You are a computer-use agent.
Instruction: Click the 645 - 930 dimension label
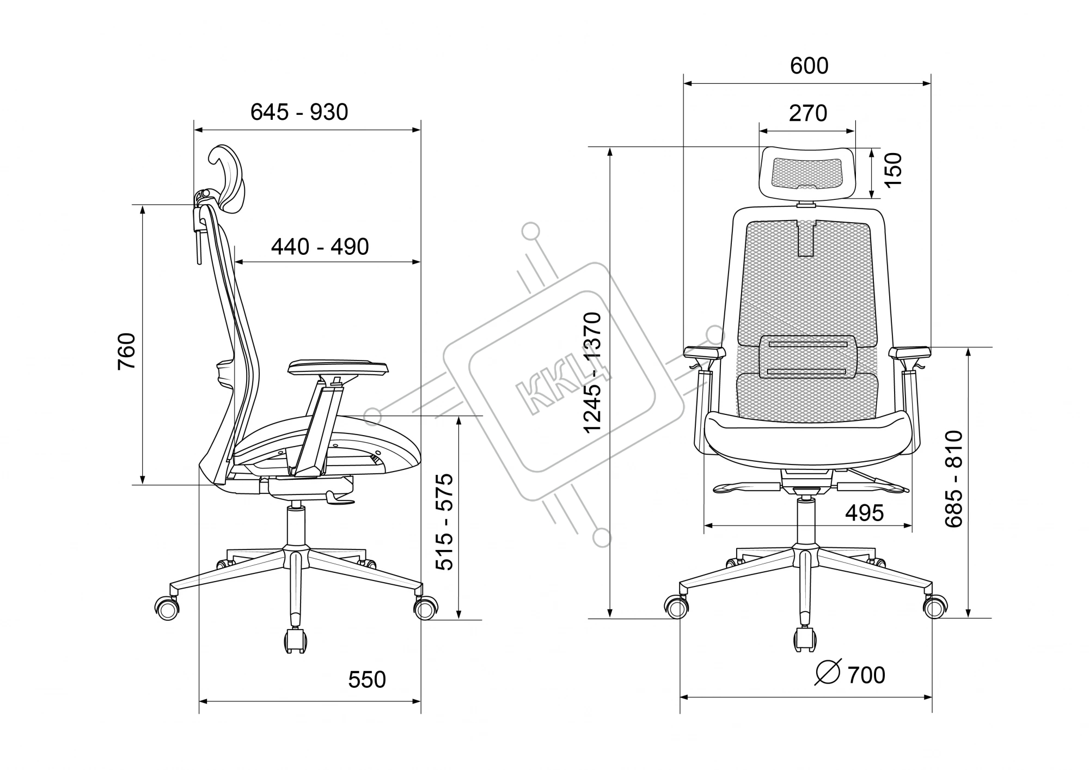299,112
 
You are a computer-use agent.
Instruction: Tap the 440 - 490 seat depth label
320,247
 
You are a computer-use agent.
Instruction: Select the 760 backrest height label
127,351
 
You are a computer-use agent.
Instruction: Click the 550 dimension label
367,680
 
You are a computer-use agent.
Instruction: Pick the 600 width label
809,66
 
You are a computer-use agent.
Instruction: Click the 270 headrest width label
808,113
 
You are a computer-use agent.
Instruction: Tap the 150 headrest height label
893,170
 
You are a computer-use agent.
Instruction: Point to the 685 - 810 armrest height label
954,479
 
